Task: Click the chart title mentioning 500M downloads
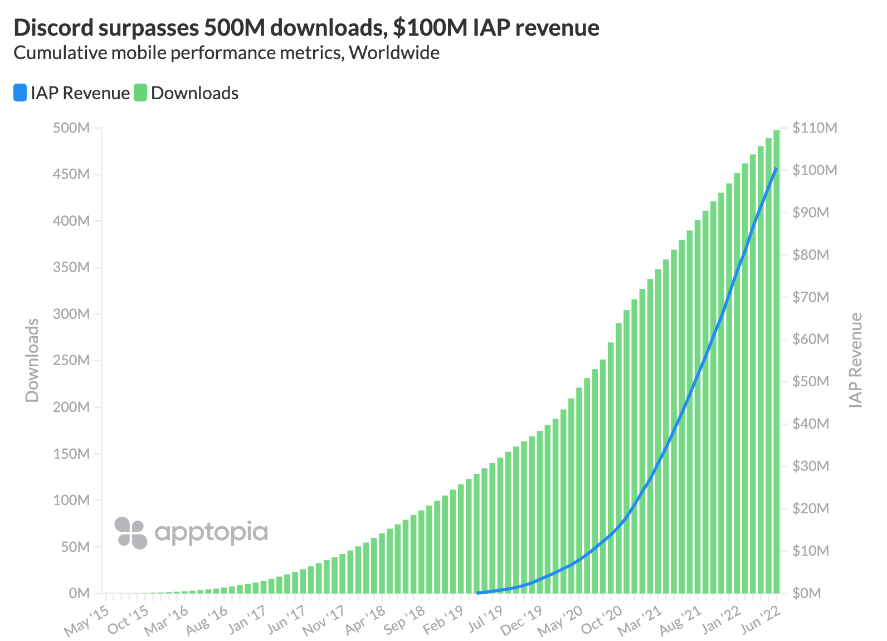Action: point(306,27)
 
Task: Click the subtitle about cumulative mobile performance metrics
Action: point(226,53)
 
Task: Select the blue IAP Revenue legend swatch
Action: point(20,93)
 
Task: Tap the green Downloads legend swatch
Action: point(140,93)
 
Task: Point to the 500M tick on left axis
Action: point(71,128)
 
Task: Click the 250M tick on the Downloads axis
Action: point(71,361)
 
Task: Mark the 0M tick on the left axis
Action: point(79,593)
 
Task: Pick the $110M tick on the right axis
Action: point(815,128)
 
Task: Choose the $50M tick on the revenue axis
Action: point(811,382)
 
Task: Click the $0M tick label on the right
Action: point(807,593)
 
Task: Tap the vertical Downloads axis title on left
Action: point(32,360)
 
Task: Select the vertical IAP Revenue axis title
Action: point(856,360)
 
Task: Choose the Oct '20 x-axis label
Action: point(602,620)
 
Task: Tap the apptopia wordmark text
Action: point(211,532)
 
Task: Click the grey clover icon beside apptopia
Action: point(130,533)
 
